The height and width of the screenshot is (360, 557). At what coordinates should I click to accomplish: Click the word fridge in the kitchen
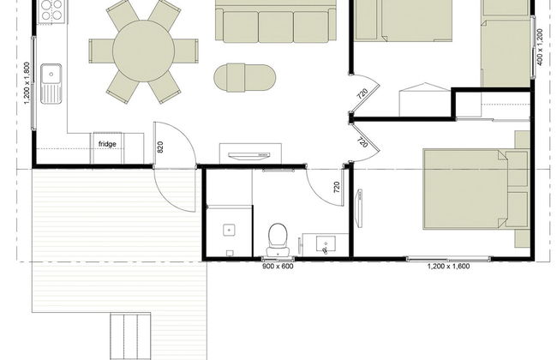click(x=107, y=144)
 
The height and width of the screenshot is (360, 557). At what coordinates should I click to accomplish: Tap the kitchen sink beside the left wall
click(x=51, y=83)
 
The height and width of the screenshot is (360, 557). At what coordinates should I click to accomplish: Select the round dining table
click(x=143, y=51)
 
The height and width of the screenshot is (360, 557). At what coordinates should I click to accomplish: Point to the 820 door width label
click(x=160, y=147)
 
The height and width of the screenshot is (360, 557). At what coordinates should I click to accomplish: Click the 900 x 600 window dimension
click(x=278, y=266)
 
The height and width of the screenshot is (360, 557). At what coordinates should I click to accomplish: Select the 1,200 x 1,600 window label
click(x=448, y=267)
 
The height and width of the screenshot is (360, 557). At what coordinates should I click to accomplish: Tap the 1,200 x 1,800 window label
click(x=27, y=83)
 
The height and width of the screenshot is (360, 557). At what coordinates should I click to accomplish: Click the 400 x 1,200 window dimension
click(x=540, y=47)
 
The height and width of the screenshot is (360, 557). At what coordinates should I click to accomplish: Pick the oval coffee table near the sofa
click(x=244, y=77)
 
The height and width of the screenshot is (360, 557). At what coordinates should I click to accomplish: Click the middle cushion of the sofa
click(x=276, y=27)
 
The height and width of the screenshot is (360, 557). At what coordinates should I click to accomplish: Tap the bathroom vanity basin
click(x=326, y=245)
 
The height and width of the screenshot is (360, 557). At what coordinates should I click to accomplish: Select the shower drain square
click(x=229, y=230)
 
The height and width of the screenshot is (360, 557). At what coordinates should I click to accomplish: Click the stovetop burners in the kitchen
click(x=51, y=10)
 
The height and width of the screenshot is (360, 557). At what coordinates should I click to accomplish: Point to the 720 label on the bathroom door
click(x=337, y=187)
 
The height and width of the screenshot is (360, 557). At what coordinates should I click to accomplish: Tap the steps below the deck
click(x=130, y=336)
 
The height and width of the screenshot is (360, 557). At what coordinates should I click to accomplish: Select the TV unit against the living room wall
click(x=250, y=153)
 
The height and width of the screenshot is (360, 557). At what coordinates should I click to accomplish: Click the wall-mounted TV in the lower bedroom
click(x=359, y=208)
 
